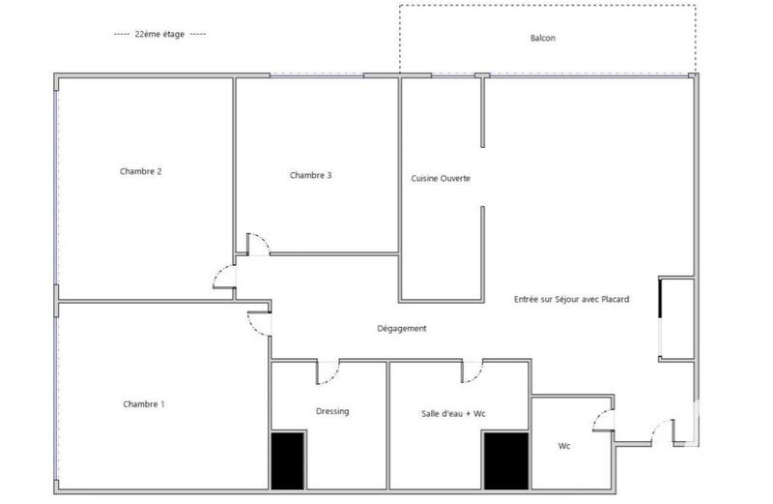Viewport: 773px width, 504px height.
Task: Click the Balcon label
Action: [x=543, y=39]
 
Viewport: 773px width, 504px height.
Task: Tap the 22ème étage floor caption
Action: [x=159, y=34]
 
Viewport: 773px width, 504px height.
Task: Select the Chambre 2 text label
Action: [x=141, y=171]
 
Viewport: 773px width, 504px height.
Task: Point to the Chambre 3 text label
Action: [x=310, y=175]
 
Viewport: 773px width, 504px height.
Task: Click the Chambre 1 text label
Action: [x=144, y=403]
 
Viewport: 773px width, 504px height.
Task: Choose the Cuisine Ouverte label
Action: [x=441, y=179]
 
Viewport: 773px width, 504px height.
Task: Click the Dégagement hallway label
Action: [x=402, y=328]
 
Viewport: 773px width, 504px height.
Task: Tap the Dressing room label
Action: [x=332, y=411]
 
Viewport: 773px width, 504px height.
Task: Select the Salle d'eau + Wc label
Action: [x=453, y=413]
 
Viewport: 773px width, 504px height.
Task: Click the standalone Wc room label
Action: [x=564, y=446]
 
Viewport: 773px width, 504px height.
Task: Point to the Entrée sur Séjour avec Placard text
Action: [x=571, y=299]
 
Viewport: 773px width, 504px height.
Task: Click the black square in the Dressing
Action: [x=287, y=460]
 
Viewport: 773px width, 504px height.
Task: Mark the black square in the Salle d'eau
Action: [x=505, y=460]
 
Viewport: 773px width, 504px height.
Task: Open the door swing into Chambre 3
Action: [x=257, y=243]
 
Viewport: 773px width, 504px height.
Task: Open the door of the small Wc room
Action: [x=603, y=420]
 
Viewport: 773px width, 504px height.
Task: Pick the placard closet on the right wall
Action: [x=675, y=318]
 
